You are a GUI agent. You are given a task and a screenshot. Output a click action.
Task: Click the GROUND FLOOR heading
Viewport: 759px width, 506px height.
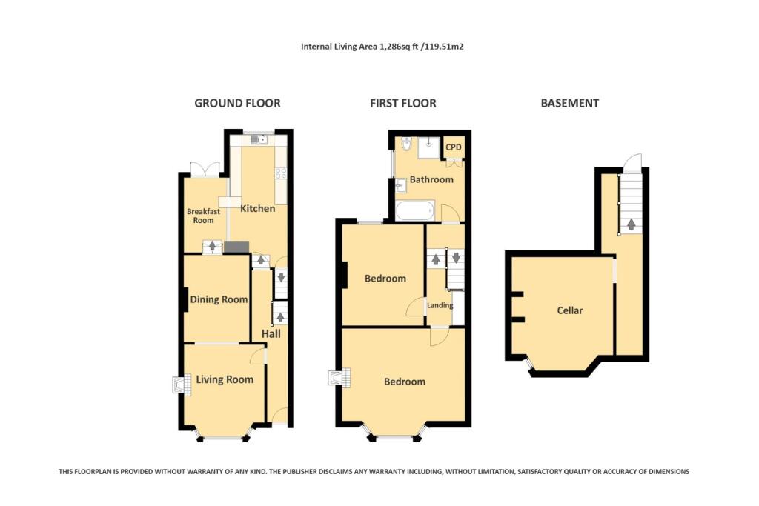point(237,103)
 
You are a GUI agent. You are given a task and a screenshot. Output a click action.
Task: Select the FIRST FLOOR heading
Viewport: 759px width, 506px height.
point(402,103)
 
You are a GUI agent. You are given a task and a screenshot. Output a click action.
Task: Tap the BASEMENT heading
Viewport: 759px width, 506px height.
point(569,103)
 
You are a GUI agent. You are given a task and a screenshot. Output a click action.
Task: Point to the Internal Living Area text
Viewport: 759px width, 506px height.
point(382,46)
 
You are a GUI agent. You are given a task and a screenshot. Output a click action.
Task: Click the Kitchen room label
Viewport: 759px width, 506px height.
point(257,208)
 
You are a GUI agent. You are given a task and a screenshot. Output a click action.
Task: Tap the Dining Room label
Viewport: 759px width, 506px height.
point(219,299)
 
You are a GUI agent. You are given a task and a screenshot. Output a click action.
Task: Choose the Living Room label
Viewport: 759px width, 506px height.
point(225,379)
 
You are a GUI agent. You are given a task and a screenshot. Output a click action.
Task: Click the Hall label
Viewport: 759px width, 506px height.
point(271,334)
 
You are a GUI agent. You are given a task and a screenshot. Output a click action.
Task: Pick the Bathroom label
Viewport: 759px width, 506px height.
point(431,179)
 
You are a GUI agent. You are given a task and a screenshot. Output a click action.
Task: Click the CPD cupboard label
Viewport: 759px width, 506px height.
point(453,147)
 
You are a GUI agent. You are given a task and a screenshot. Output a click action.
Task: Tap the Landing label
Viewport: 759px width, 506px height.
point(440,304)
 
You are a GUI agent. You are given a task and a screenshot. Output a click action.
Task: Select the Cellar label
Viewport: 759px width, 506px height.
point(570,310)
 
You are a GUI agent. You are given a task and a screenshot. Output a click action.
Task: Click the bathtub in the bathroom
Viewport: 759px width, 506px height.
point(415,211)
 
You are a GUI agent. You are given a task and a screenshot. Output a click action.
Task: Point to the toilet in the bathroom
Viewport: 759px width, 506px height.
point(405,143)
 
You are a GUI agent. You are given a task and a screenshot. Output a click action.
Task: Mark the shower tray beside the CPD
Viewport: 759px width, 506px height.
point(428,147)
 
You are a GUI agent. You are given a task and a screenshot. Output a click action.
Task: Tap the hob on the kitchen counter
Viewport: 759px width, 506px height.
point(281,173)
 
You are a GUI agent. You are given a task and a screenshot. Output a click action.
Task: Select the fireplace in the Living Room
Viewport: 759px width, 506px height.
point(178,385)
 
